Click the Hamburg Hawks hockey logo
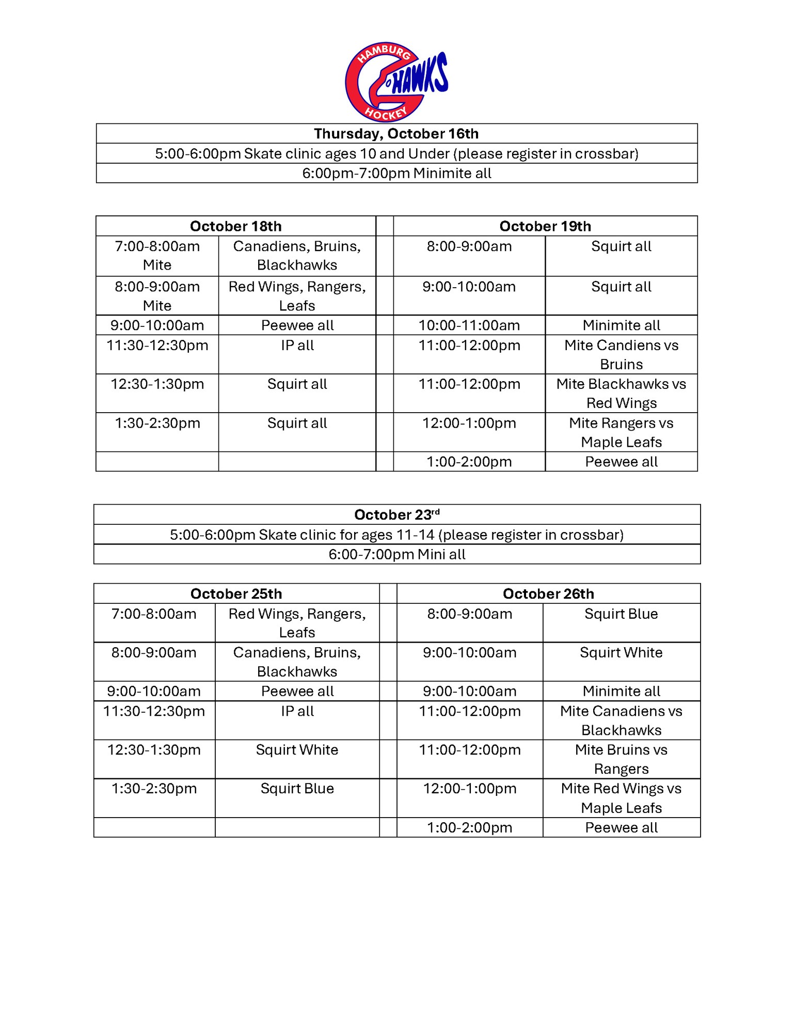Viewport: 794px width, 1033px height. click(x=396, y=82)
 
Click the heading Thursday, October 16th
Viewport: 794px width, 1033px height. click(x=396, y=134)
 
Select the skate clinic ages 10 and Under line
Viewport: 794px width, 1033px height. click(x=396, y=154)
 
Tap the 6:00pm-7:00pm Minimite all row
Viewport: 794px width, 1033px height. click(x=396, y=174)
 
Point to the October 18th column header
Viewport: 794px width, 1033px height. click(x=236, y=226)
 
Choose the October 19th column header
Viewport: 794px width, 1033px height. click(x=545, y=226)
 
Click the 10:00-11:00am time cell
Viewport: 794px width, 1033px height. click(x=469, y=325)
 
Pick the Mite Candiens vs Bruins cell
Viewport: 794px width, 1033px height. click(x=621, y=354)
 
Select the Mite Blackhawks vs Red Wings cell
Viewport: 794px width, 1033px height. click(x=621, y=394)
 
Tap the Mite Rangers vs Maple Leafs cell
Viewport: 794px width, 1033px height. click(x=621, y=432)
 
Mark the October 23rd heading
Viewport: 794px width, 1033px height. click(x=396, y=515)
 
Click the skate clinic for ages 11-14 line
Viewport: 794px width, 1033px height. click(x=396, y=535)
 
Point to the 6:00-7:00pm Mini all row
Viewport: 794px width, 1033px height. click(x=396, y=555)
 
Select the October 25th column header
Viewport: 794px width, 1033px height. click(x=236, y=594)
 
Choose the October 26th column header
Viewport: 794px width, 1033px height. click(x=548, y=594)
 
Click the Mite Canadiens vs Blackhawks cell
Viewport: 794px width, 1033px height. click(x=621, y=721)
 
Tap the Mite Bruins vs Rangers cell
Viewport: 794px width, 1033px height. click(x=621, y=759)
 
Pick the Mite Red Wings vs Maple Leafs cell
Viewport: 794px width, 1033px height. click(x=621, y=798)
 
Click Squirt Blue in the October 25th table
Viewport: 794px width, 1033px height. click(x=297, y=789)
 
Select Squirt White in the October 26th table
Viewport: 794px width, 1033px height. click(x=621, y=653)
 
